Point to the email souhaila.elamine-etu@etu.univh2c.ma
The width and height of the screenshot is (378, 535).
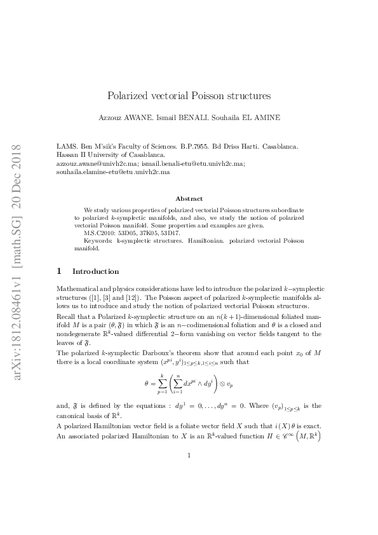point(113,172)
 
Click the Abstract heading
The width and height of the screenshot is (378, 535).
point(189,199)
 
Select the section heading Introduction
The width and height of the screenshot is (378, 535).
point(95,271)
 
